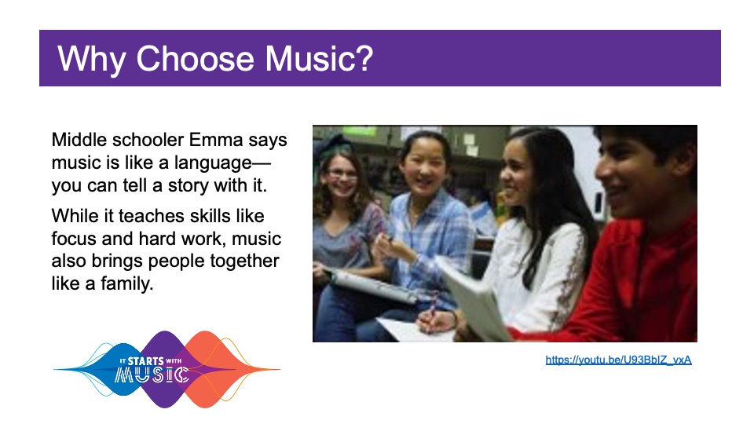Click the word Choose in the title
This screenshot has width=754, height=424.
click(x=195, y=59)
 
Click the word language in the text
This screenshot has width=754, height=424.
click(x=213, y=163)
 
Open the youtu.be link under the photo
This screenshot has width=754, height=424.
click(x=618, y=360)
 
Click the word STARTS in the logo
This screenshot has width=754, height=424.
click(x=146, y=361)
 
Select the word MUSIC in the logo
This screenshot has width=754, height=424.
click(x=152, y=375)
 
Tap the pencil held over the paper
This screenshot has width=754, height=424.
click(x=431, y=314)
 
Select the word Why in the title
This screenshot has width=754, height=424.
click(x=92, y=60)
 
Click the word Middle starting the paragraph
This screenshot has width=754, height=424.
click(x=79, y=140)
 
